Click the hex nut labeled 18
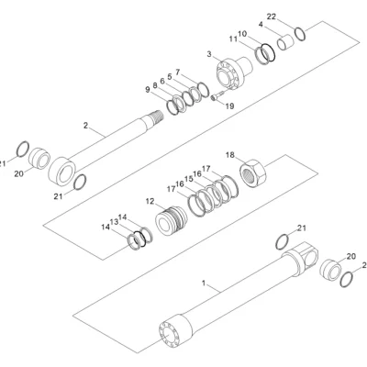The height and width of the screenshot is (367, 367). pyautogui.click(x=253, y=173)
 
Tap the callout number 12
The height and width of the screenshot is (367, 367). pyautogui.click(x=150, y=201)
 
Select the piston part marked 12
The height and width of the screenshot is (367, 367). pyautogui.click(x=171, y=220)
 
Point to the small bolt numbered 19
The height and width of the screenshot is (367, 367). pyautogui.click(x=217, y=95)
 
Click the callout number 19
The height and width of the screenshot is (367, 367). pyautogui.click(x=229, y=106)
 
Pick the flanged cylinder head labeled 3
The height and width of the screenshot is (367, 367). pyautogui.click(x=235, y=72)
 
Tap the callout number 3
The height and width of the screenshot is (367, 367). pyautogui.click(x=209, y=54)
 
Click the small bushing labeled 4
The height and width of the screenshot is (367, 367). pyautogui.click(x=285, y=42)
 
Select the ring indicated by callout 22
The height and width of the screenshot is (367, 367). pyautogui.click(x=300, y=34)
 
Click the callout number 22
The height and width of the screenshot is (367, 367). pyautogui.click(x=272, y=17)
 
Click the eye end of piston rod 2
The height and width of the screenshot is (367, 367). pyautogui.click(x=62, y=171)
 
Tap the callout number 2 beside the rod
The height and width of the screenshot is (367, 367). pyautogui.click(x=85, y=125)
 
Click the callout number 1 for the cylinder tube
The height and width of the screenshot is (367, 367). pyautogui.click(x=204, y=284)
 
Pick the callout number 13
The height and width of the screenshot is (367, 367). pyautogui.click(x=114, y=222)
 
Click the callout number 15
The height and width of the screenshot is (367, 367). pyautogui.click(x=188, y=179)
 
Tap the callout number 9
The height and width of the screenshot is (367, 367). pyautogui.click(x=148, y=90)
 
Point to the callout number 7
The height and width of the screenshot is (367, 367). pyautogui.click(x=178, y=72)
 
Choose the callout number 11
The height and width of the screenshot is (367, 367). pyautogui.click(x=233, y=39)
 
